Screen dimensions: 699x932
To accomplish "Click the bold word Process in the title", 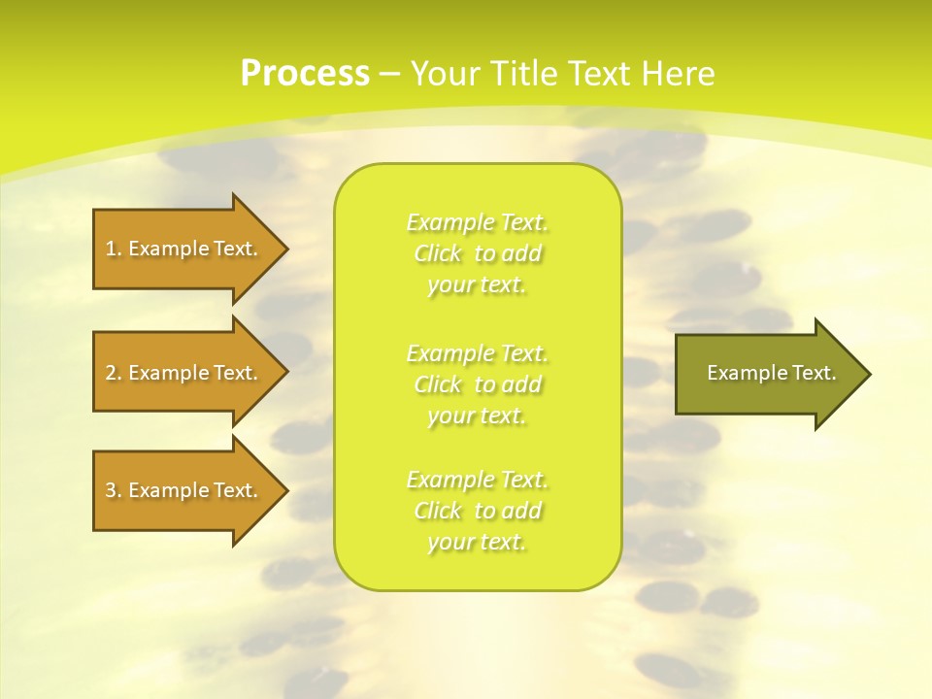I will (x=305, y=74).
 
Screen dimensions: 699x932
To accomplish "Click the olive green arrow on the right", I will (x=767, y=373).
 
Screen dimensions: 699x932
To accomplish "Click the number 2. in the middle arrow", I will (x=114, y=373).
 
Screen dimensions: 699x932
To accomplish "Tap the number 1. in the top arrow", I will (x=114, y=249).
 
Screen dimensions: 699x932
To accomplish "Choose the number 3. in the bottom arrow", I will (x=114, y=490).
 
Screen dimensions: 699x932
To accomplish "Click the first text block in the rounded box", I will (x=478, y=253).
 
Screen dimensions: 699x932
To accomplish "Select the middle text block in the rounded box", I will (x=478, y=384).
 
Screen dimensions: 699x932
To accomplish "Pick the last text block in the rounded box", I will (x=478, y=511).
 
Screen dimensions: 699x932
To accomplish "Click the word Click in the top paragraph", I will (x=438, y=254).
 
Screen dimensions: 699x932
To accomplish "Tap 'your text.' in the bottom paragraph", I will (x=477, y=543).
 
